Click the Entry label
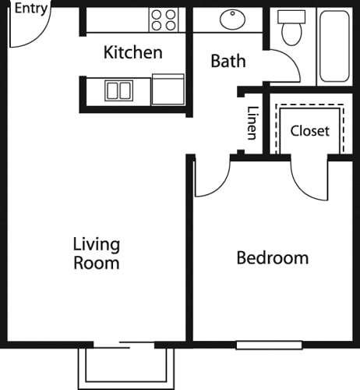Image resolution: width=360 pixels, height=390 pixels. [x=31, y=9]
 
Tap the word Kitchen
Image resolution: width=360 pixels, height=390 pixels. [x=133, y=52]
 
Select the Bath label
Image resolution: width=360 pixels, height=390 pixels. [x=228, y=61]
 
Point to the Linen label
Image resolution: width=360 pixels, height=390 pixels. [x=252, y=123]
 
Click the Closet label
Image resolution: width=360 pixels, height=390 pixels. [x=310, y=131]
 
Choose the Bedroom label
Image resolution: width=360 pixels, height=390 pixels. [x=273, y=258]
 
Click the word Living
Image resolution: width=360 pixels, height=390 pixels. [x=97, y=244]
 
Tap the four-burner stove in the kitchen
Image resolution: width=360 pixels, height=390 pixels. [x=164, y=19]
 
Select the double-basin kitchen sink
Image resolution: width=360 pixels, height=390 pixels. [x=119, y=90]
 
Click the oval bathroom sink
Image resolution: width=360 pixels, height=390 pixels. [x=232, y=19]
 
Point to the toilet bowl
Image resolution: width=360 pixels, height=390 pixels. [x=292, y=34]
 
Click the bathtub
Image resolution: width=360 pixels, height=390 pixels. [x=334, y=46]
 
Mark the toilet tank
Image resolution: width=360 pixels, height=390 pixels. [x=291, y=17]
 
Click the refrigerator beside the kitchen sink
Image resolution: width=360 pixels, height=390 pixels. [x=168, y=90]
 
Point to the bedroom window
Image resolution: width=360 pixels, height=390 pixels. [x=269, y=345]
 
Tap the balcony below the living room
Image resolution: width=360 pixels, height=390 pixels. [x=125, y=369]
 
